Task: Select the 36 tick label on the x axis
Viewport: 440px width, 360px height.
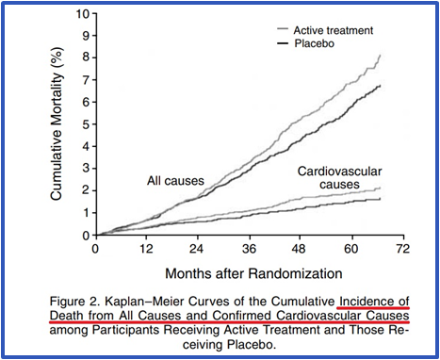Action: click(250, 250)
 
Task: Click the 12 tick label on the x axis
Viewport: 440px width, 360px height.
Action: click(147, 250)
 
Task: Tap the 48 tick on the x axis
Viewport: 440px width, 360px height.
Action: click(301, 250)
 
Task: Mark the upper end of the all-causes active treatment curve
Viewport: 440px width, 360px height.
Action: click(380, 56)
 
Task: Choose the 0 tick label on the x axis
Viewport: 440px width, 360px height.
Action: click(95, 250)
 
